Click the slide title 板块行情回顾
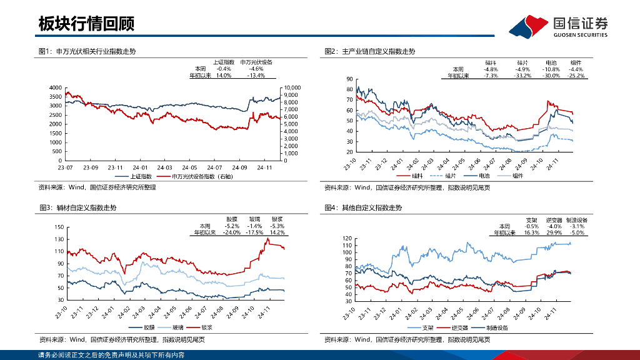(86, 24)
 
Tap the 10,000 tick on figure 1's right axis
(292, 87)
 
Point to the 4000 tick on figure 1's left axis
(55, 87)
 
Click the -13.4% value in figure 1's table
(256, 75)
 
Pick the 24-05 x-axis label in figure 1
(190, 167)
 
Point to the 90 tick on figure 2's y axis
(349, 79)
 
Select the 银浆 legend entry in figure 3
(206, 327)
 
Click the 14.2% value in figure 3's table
(277, 232)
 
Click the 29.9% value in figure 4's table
(554, 232)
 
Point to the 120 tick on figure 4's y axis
(348, 239)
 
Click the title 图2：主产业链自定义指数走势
(370, 51)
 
